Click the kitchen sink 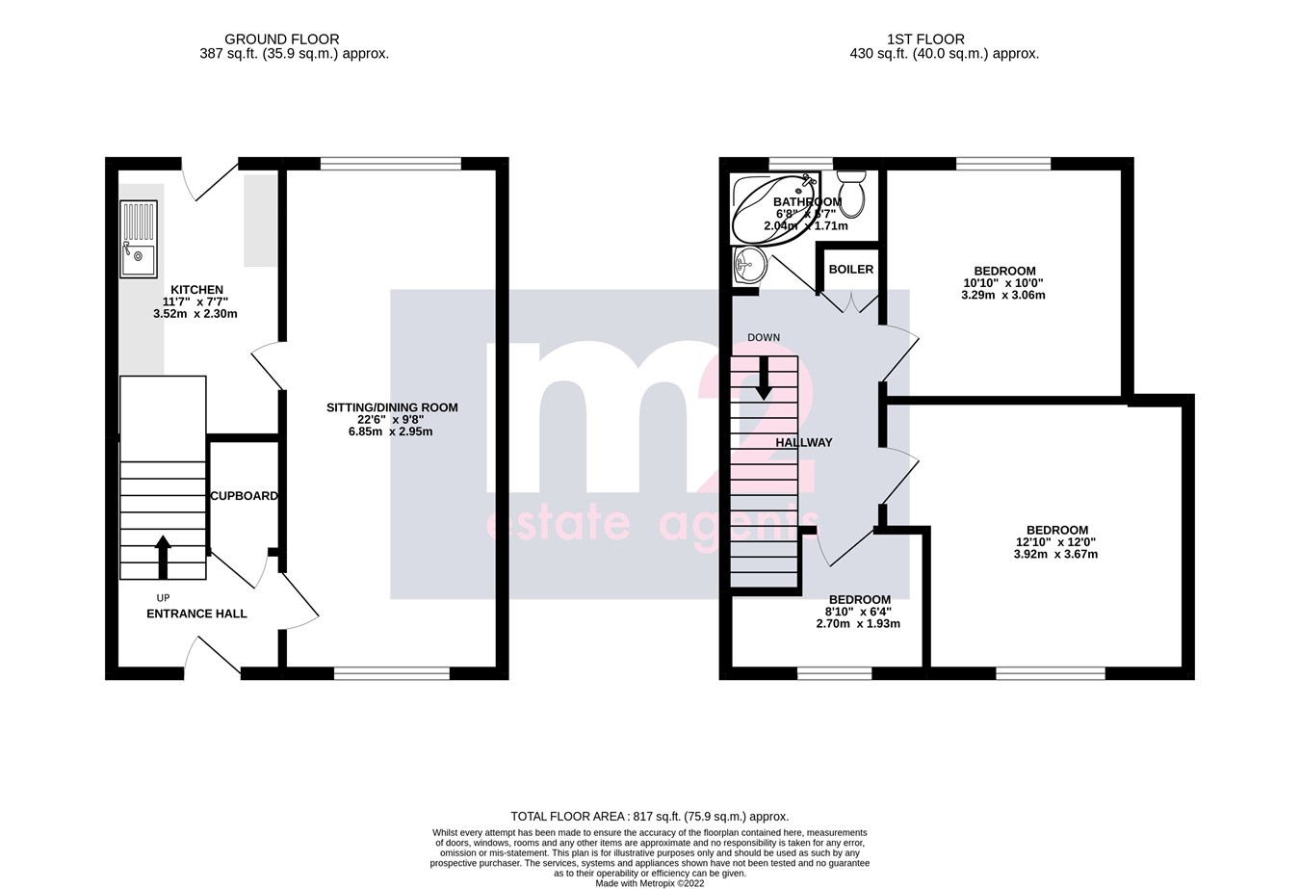click(139, 239)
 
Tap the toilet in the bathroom click(851, 193)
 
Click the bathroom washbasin click(747, 264)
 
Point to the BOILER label click(850, 270)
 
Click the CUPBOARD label click(245, 496)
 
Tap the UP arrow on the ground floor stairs click(163, 557)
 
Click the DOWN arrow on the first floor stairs click(764, 378)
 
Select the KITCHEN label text click(196, 290)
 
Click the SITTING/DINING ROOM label click(392, 407)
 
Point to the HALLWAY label click(804, 443)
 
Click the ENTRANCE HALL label click(196, 614)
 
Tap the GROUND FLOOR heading click(281, 39)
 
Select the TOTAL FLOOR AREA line click(649, 816)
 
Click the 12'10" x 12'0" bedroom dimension click(1056, 542)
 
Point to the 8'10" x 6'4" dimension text click(857, 612)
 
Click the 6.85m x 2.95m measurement click(391, 431)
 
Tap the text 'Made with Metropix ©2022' click(650, 882)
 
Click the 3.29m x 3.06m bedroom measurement click(1003, 295)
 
